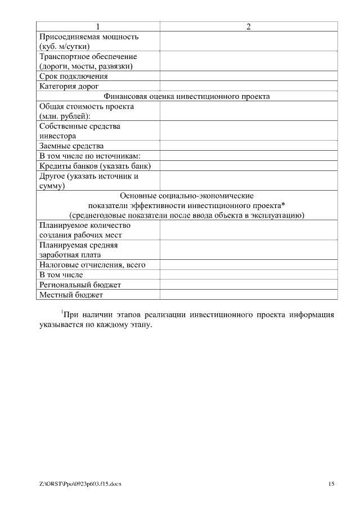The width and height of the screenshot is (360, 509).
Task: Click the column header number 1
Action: tap(98, 26)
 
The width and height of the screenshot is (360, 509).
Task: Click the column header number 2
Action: tap(249, 26)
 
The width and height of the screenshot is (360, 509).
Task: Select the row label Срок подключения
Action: tap(74, 76)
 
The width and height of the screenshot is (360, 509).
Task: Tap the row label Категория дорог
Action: tap(69, 86)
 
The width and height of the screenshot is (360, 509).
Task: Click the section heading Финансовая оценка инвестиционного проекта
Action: tap(187, 96)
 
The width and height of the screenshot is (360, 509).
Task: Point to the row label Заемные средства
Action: tap(71, 146)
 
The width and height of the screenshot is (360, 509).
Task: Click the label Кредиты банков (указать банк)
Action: tap(95, 166)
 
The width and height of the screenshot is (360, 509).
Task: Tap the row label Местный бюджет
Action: tap(71, 295)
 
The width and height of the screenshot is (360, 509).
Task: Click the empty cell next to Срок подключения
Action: tap(249, 76)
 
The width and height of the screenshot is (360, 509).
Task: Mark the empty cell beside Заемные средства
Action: tap(249, 146)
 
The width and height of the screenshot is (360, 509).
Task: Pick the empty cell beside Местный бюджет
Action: tap(249, 295)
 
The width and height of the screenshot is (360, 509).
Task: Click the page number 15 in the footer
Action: tap(331, 484)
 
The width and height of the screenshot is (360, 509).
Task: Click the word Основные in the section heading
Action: tap(137, 196)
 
